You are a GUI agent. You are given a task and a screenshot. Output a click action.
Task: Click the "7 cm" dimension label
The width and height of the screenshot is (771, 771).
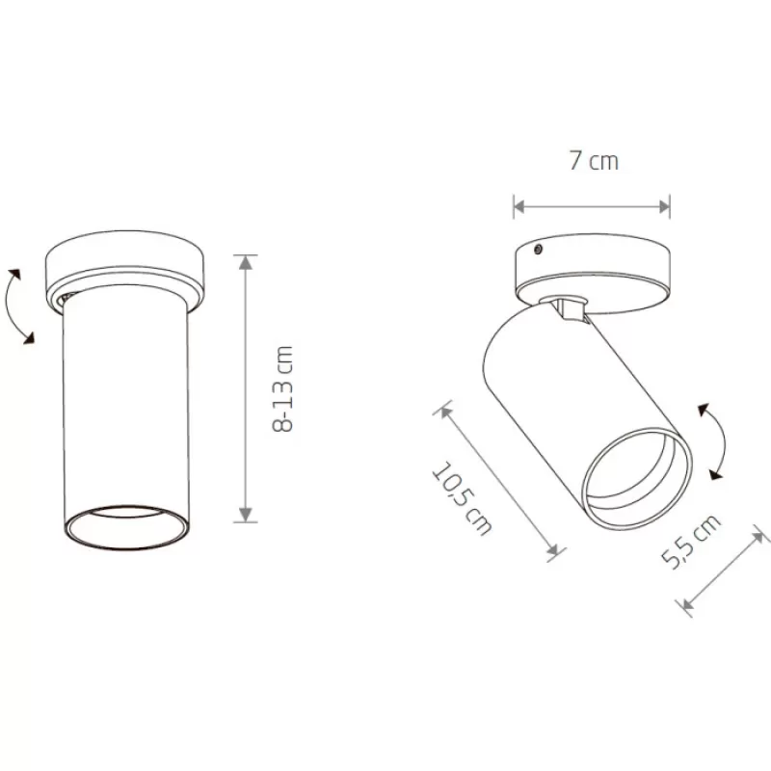594,161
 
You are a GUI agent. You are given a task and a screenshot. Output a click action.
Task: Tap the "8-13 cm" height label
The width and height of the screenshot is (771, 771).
282,388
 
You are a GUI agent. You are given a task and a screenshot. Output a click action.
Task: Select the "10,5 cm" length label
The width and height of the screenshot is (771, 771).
462,497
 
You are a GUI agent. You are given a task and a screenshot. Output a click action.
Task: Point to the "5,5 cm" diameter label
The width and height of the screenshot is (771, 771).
690,541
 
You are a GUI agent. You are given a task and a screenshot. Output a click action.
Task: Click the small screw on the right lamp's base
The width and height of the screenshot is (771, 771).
539,250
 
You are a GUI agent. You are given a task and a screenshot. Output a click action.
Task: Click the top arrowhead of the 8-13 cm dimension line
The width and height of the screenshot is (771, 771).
246,262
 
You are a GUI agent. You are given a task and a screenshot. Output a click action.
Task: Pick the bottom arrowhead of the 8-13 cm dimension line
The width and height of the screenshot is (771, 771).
246,515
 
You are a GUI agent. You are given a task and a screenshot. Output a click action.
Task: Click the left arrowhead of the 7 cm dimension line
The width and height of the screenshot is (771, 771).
520,206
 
